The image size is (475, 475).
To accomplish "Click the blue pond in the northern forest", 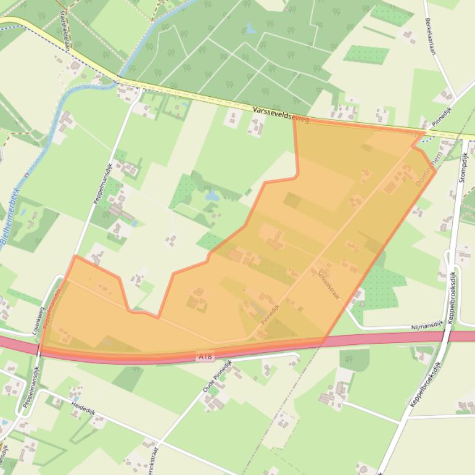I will coord(250,28).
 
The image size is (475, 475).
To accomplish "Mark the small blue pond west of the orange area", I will coord(212,196).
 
